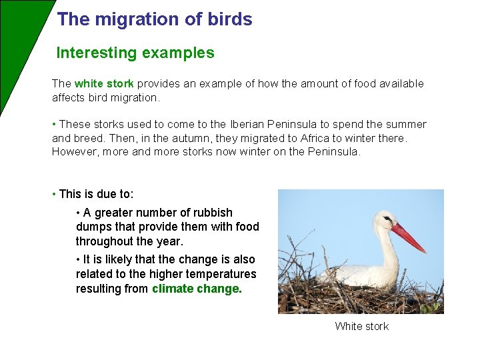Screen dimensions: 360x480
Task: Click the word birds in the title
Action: tap(231, 19)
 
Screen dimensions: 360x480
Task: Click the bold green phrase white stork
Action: tap(104, 84)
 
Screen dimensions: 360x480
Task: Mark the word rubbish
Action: tap(212, 213)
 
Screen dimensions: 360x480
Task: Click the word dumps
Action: tap(92, 227)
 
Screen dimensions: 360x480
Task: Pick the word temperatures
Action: tap(223, 274)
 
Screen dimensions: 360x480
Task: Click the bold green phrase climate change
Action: tap(197, 289)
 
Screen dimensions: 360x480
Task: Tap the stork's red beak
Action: tap(408, 238)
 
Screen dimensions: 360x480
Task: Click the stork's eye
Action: tap(387, 220)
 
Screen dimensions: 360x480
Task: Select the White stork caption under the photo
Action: tap(361, 326)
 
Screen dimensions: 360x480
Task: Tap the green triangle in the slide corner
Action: tap(17, 40)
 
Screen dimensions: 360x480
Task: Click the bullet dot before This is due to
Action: tap(54, 195)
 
